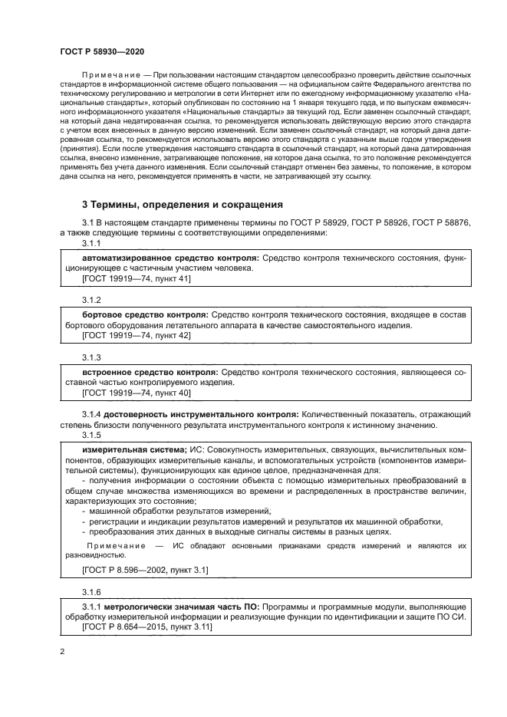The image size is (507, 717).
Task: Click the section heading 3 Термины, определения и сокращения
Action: click(x=183, y=205)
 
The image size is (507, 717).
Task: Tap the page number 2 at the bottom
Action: click(x=62, y=651)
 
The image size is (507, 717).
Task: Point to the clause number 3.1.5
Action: click(x=91, y=435)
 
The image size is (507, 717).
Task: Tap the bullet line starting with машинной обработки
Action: click(x=180, y=511)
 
